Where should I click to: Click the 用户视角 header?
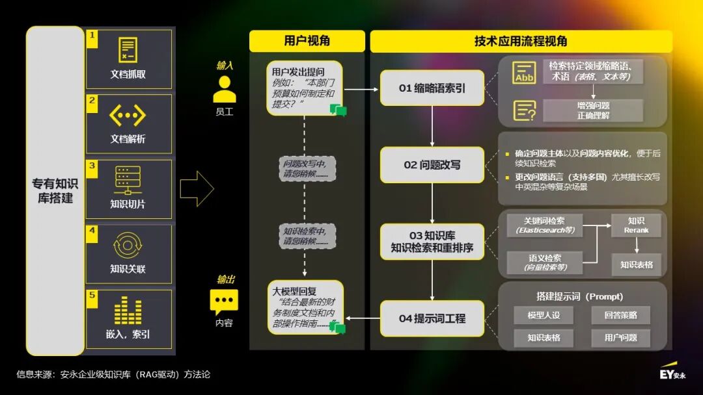pos(307,41)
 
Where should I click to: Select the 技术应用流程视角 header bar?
pos(521,41)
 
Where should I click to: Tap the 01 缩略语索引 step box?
pos(432,88)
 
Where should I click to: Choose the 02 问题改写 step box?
pos(432,165)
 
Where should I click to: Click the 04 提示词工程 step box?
pos(432,318)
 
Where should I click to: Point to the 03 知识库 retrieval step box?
pos(432,242)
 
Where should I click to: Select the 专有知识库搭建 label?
pos(55,191)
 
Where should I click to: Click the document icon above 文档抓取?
pos(128,51)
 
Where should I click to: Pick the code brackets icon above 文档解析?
pos(128,116)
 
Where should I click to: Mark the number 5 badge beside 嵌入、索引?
pos(92,296)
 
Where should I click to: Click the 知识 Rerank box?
pos(636,225)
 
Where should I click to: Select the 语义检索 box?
pos(545,262)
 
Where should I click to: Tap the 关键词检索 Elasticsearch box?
pos(545,225)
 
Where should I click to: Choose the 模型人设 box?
pos(544,316)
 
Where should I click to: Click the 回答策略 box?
pos(620,316)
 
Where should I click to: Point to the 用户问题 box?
pos(620,338)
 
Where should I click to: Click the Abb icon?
pos(524,73)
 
